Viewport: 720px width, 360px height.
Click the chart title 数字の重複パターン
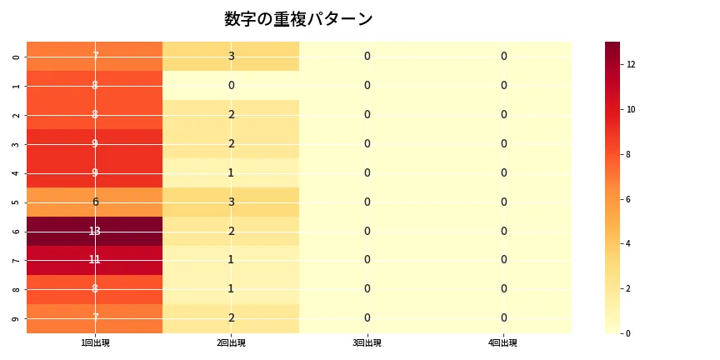[298, 19]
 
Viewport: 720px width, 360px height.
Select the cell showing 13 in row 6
[95, 231]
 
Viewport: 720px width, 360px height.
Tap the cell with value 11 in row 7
[95, 260]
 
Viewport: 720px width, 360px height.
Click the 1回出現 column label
[95, 342]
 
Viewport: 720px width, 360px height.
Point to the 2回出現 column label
[231, 342]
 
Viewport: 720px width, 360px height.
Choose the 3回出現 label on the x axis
[367, 342]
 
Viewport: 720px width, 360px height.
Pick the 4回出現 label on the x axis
[503, 342]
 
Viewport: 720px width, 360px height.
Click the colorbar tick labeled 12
[632, 64]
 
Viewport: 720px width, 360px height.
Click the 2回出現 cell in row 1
[231, 85]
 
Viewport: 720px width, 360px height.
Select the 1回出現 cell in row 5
[95, 202]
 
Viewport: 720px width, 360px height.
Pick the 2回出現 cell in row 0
[231, 57]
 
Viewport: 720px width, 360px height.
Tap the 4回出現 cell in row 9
[503, 317]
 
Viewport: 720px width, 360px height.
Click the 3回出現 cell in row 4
[367, 172]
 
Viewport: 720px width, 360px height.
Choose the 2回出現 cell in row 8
[231, 289]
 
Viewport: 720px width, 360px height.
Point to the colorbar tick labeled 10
[632, 109]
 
